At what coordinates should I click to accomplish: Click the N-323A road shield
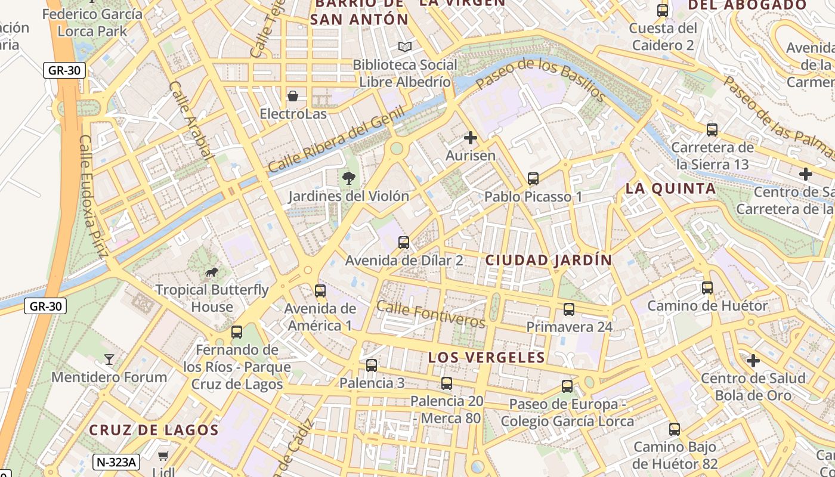coord(116,461)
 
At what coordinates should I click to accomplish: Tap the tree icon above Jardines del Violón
coord(348,178)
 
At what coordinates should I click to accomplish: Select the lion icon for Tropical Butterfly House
coord(211,272)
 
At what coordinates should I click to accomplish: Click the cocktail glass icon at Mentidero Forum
coord(109,359)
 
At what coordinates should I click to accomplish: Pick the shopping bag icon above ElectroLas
coord(293,96)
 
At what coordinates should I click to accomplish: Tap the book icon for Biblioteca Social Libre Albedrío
coord(405,47)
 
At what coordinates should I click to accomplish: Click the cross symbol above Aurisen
coord(471,138)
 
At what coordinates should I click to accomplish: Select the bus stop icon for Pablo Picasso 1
coord(533,178)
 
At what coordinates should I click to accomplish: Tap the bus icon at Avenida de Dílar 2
coord(404,243)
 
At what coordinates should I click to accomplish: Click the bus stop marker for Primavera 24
coord(569,309)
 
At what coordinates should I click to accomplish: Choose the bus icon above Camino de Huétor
coord(707,288)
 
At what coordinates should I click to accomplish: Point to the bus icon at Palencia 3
coord(372,365)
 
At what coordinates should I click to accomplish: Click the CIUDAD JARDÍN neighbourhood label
coord(549,260)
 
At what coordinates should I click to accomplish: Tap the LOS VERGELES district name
coord(487,357)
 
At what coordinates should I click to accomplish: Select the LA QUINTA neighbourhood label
coord(670,189)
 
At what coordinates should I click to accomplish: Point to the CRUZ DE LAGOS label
coord(154,430)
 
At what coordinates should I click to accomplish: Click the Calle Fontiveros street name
coord(431,314)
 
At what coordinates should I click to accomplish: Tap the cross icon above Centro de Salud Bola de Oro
coord(753,361)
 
